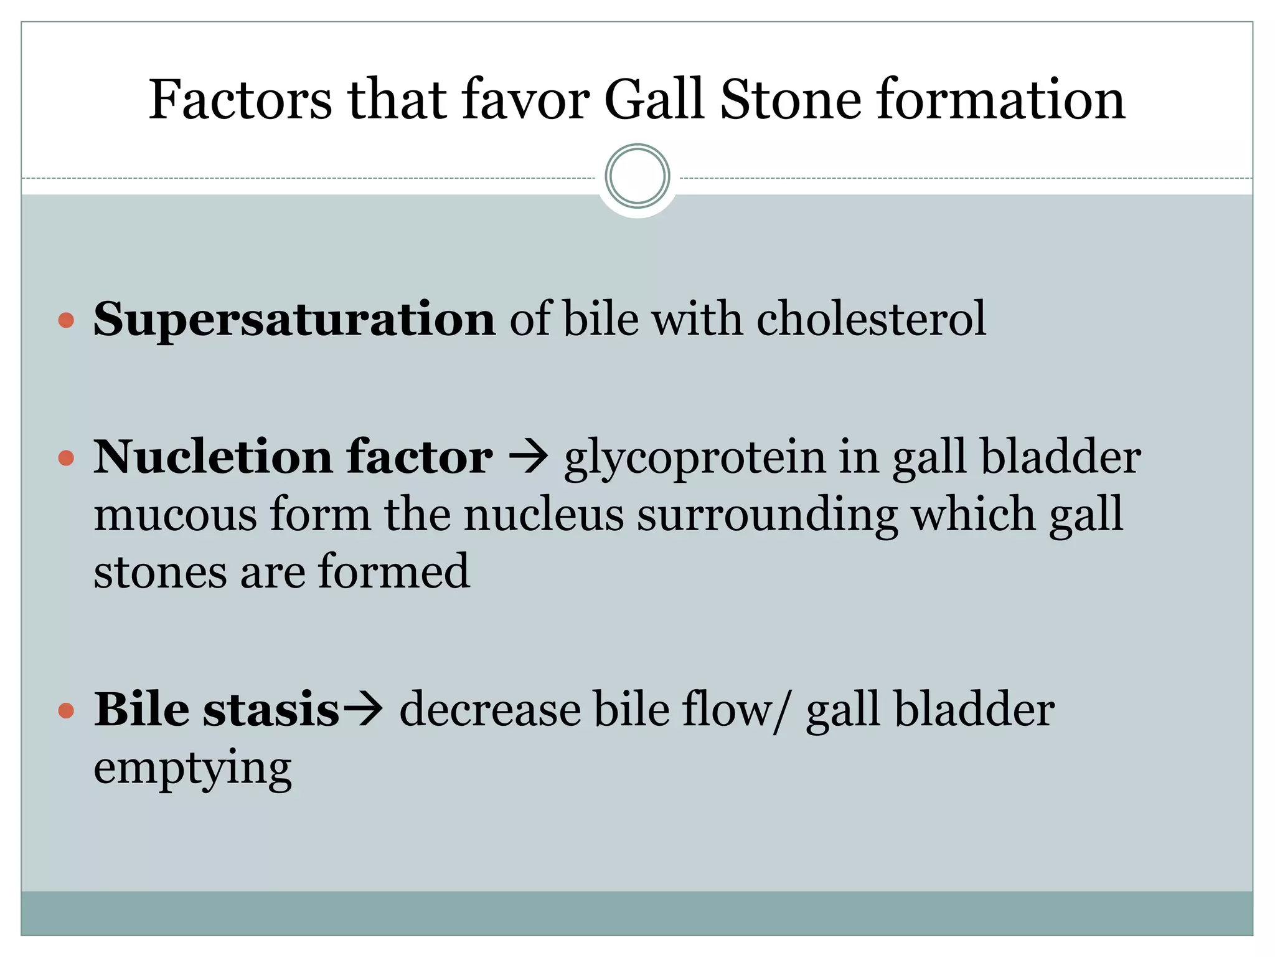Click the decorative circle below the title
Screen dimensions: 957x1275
[x=637, y=176]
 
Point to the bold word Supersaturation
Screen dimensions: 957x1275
[x=294, y=320]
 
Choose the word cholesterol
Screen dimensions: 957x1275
[x=871, y=318]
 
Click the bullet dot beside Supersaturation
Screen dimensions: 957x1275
[x=66, y=321]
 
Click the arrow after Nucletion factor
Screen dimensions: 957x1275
[x=528, y=457]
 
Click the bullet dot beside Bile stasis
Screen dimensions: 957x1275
[x=66, y=711]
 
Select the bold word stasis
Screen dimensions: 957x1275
[x=271, y=710]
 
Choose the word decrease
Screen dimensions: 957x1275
[x=489, y=710]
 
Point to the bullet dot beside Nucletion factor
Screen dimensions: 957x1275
[x=66, y=459]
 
